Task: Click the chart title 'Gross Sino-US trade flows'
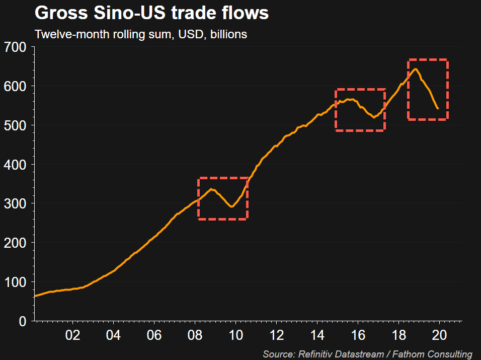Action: (151, 14)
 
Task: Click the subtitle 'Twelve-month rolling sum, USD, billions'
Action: (140, 35)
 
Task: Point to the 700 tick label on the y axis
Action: (18, 47)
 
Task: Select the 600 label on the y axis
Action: (18, 86)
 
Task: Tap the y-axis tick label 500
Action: (18, 125)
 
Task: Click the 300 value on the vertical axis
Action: (18, 203)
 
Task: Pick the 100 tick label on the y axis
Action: (18, 282)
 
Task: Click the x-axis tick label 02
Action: (72, 335)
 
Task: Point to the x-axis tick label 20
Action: (439, 335)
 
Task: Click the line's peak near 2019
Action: (416, 69)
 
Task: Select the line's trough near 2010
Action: (231, 206)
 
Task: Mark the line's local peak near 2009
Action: (212, 189)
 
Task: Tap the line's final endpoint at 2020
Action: (438, 108)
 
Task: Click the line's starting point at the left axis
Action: (34, 296)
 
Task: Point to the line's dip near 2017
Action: (373, 118)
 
